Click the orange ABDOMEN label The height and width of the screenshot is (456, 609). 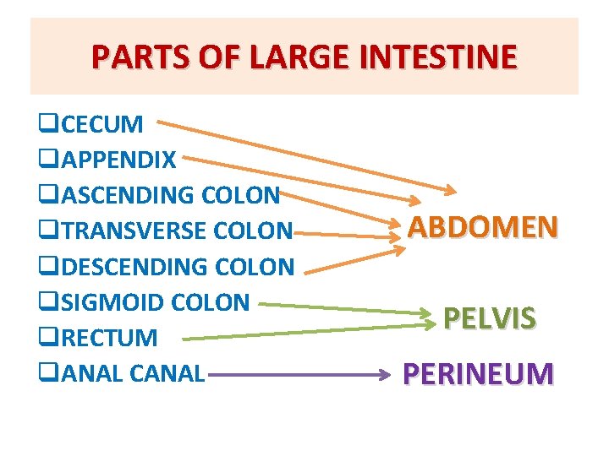click(482, 226)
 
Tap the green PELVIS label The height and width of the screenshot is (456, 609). click(489, 318)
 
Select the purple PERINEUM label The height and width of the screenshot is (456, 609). click(478, 373)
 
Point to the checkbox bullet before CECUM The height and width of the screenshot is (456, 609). click(44, 126)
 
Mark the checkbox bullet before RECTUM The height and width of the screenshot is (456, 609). click(44, 339)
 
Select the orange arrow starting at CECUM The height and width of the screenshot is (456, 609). click(288, 161)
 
